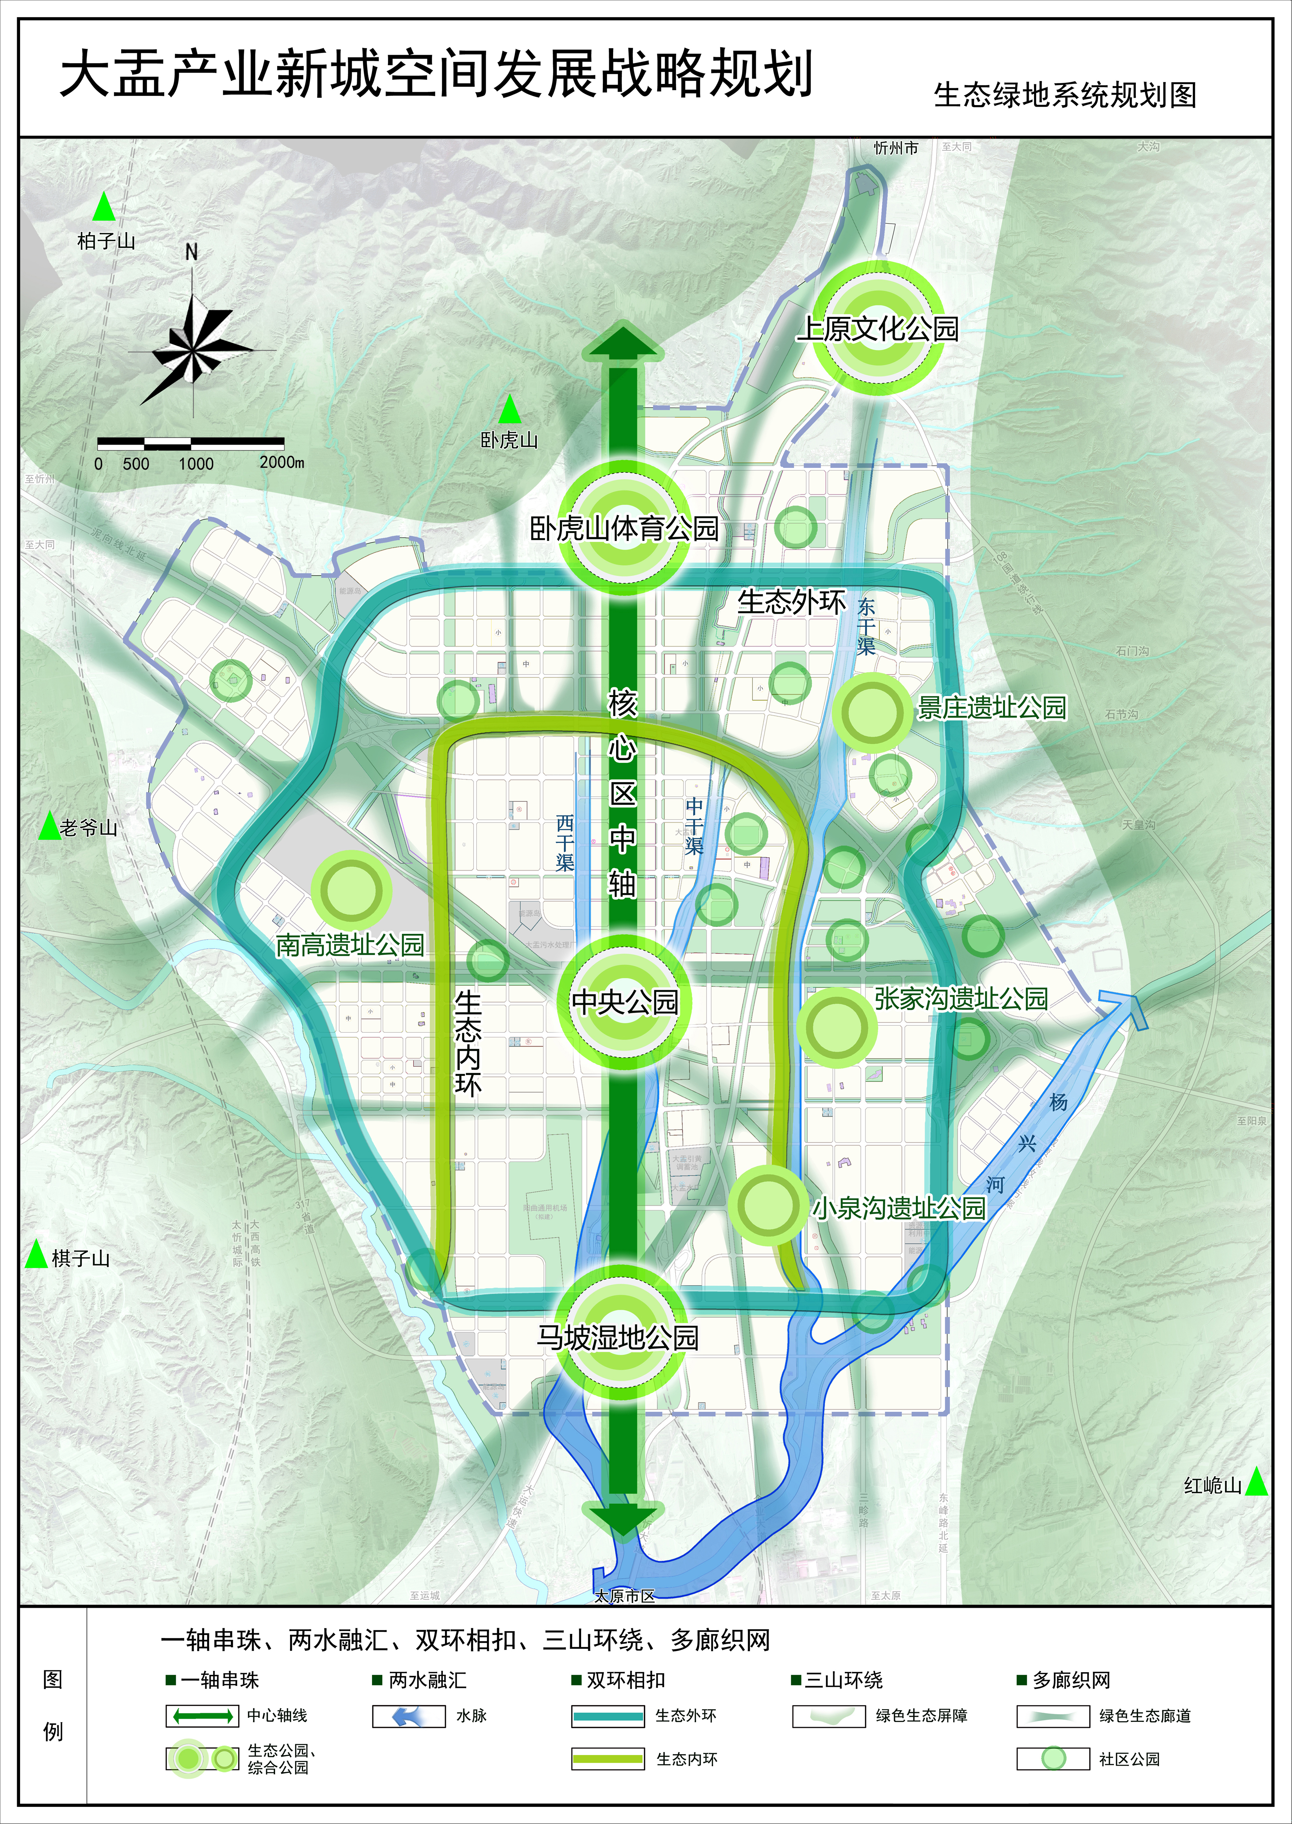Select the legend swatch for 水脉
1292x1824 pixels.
click(x=408, y=1716)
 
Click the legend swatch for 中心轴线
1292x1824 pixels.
click(x=202, y=1716)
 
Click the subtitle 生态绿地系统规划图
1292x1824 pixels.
click(x=1064, y=94)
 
